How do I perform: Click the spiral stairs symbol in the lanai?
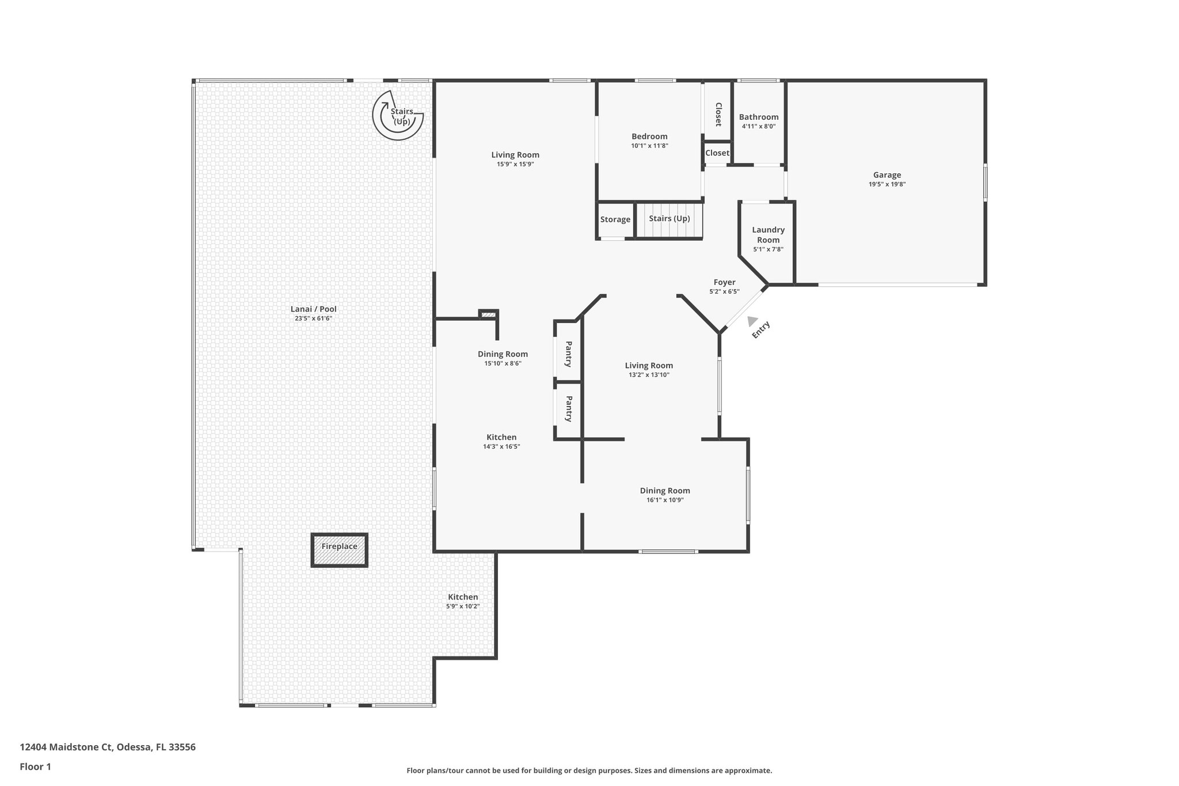(398, 116)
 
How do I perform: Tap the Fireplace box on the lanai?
(339, 550)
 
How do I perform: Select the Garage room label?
(887, 175)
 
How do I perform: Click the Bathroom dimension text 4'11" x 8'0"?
(758, 126)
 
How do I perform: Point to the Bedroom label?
(649, 136)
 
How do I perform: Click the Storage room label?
(615, 219)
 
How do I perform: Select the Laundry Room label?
(768, 235)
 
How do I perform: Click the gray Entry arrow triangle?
(751, 321)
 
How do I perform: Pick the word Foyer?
(724, 282)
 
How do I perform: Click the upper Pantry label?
(568, 354)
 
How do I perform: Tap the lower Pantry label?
(568, 408)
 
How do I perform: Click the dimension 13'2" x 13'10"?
(649, 375)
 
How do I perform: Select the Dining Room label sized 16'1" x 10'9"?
(664, 491)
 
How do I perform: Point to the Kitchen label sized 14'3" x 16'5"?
(501, 437)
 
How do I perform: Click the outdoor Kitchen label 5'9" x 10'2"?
(463, 597)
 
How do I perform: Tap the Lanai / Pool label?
(313, 309)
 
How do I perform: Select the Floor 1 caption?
(35, 766)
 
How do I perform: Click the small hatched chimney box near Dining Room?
(488, 314)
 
